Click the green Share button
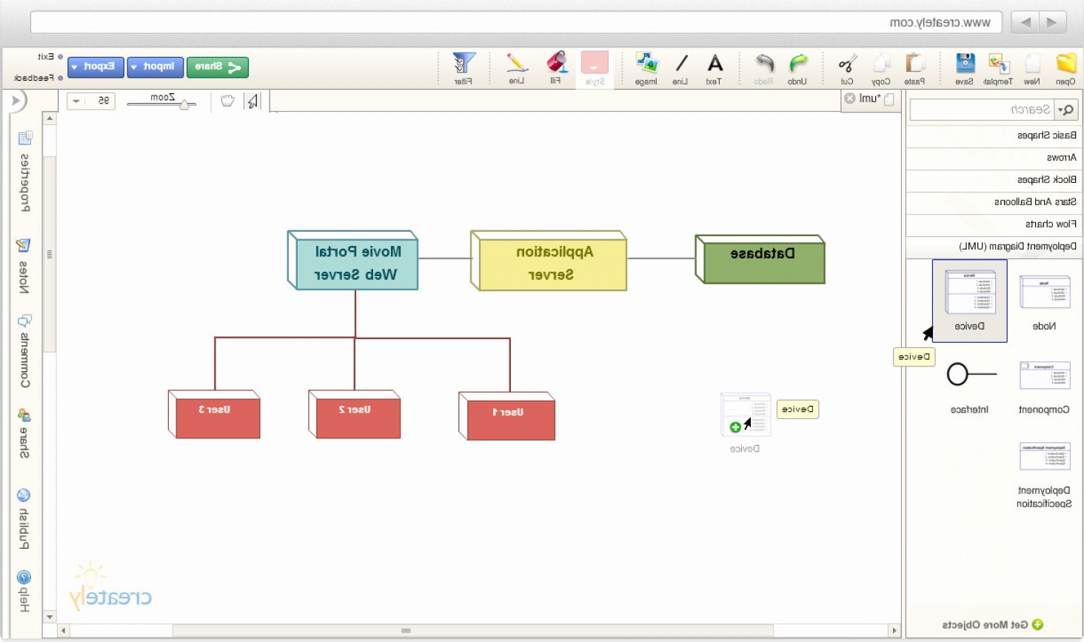coord(217,67)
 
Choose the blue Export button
coord(96,67)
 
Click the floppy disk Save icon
coord(965,64)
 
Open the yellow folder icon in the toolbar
coord(1065,64)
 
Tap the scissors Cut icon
coord(848,64)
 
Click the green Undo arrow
coord(798,64)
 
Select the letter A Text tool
coord(715,64)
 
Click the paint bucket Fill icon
coord(556,64)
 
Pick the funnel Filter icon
coord(464,64)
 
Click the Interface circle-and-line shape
coord(970,375)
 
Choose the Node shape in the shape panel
coord(1044,292)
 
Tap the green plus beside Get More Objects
coord(1037,624)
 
